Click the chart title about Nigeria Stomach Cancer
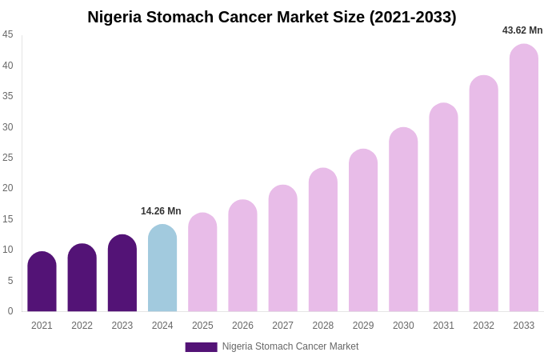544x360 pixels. click(x=272, y=17)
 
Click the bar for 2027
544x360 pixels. click(x=282, y=249)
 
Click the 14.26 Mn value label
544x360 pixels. click(x=161, y=211)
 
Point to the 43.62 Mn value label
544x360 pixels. click(x=522, y=30)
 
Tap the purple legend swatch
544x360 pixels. click(x=201, y=347)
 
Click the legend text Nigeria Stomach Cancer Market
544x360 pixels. click(x=290, y=346)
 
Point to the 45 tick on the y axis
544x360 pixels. click(x=8, y=34)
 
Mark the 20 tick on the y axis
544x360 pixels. click(x=8, y=188)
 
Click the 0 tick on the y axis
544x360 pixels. click(x=10, y=311)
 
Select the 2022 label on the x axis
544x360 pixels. click(x=82, y=326)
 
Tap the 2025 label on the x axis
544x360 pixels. click(x=202, y=326)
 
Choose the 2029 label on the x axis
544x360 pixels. click(x=363, y=326)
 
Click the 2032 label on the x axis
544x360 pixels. click(x=483, y=326)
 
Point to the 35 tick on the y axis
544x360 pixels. click(x=8, y=96)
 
